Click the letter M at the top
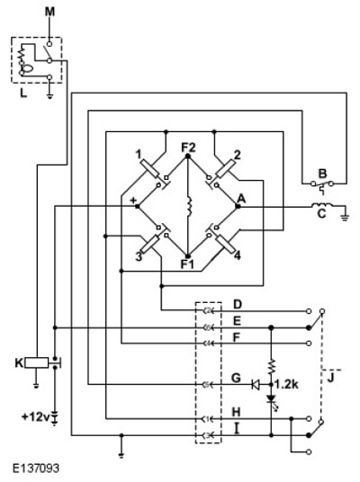pyautogui.click(x=49, y=13)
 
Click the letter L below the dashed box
pyautogui.click(x=23, y=93)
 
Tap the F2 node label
pyautogui.click(x=188, y=147)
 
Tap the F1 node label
pyautogui.click(x=187, y=264)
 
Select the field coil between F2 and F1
pyautogui.click(x=189, y=206)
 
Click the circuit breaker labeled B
pyautogui.click(x=322, y=185)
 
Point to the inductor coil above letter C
pyautogui.click(x=321, y=205)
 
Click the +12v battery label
pyautogui.click(x=36, y=417)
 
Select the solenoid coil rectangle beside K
pyautogui.click(x=37, y=362)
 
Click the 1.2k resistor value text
pyautogui.click(x=286, y=384)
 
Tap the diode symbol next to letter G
pyautogui.click(x=255, y=385)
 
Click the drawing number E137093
pyautogui.click(x=36, y=469)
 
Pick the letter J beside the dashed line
pyautogui.click(x=330, y=378)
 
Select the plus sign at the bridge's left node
pyautogui.click(x=133, y=201)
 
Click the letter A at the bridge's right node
pyautogui.click(x=241, y=199)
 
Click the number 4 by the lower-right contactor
pyautogui.click(x=238, y=255)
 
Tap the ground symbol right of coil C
pyautogui.click(x=345, y=217)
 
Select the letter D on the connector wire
pyautogui.click(x=238, y=305)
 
